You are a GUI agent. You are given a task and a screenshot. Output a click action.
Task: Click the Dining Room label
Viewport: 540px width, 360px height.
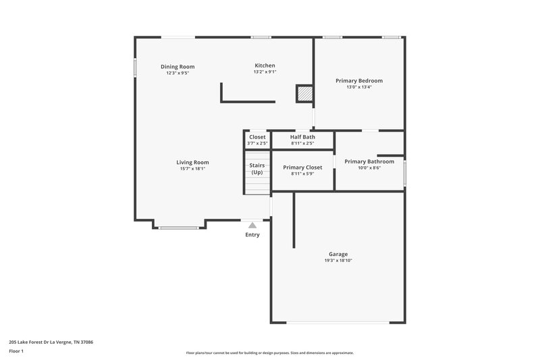178,66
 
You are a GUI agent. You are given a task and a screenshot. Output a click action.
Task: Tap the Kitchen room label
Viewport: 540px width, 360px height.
265,66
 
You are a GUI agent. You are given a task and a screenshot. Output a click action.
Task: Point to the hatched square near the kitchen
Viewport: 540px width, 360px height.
305,94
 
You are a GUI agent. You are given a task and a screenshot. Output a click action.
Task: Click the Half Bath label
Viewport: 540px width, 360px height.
302,137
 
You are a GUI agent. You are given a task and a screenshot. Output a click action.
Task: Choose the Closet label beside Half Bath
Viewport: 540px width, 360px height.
257,137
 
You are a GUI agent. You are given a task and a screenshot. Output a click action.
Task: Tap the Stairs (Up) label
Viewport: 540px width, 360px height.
257,168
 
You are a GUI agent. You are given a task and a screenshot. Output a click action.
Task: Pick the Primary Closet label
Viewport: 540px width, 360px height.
302,168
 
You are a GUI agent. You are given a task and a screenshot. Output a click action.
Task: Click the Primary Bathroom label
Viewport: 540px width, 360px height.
369,161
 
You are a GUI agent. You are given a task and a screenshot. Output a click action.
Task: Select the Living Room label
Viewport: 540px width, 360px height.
192,162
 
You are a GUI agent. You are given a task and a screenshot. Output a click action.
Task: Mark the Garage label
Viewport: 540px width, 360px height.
338,254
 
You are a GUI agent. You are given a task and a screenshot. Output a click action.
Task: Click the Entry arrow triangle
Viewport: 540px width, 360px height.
252,225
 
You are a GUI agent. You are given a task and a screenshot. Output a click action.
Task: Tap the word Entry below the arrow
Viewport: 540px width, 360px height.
252,235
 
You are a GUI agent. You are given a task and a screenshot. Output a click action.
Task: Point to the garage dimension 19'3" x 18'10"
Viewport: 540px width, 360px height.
338,261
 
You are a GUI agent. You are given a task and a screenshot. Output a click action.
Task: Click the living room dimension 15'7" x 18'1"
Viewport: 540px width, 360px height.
192,169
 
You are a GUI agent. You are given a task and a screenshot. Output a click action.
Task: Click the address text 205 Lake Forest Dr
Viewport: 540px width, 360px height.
51,342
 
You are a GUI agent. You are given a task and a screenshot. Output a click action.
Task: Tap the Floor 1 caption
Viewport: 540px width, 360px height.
16,351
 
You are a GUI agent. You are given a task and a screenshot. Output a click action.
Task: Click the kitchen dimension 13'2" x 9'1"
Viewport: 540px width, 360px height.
265,72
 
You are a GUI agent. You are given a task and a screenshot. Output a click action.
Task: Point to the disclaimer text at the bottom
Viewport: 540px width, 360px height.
269,353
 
